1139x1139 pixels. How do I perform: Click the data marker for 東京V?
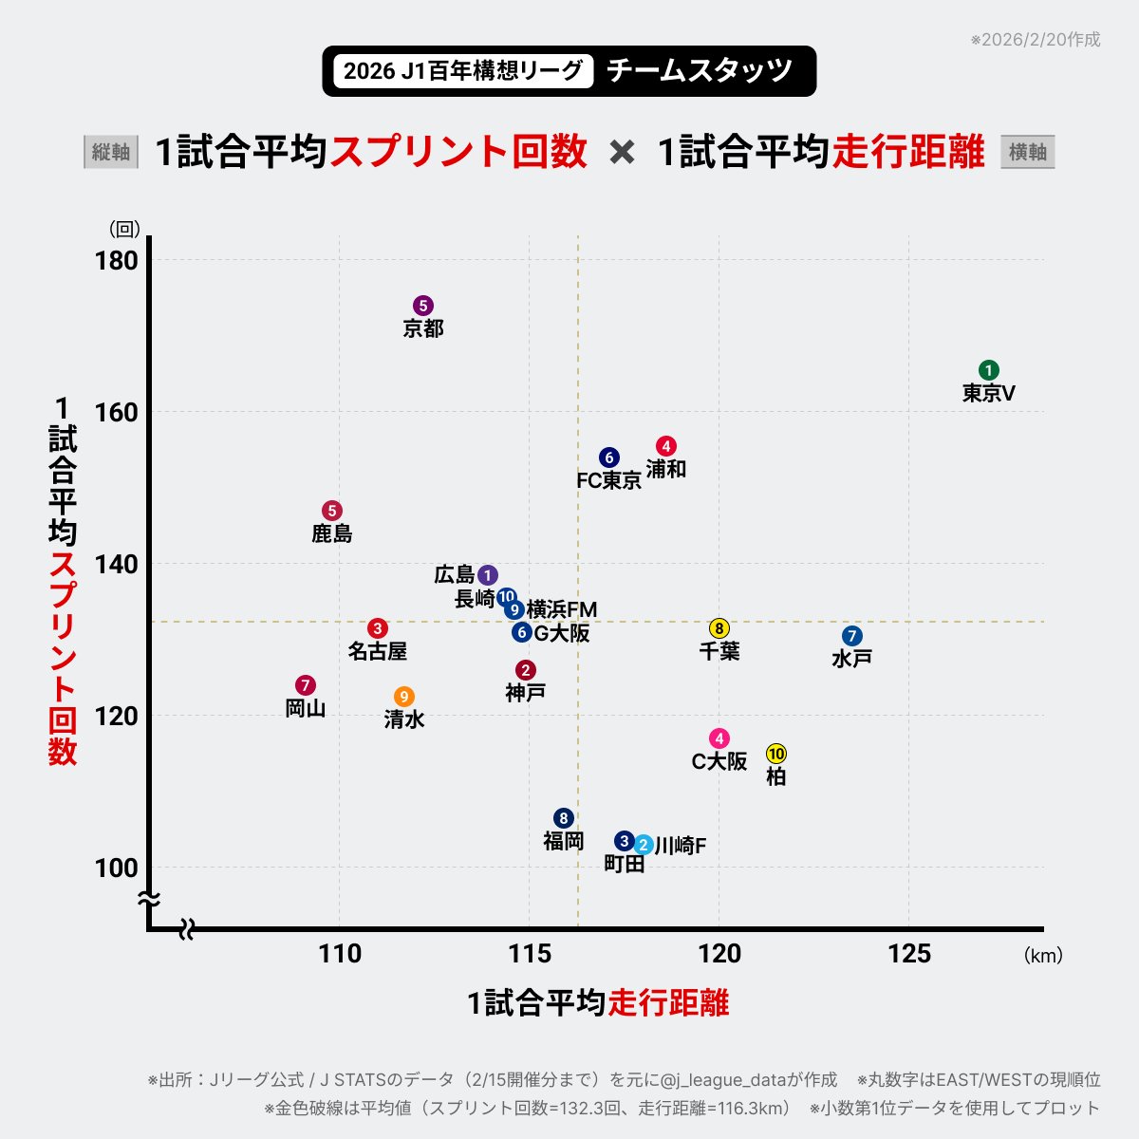click(x=988, y=370)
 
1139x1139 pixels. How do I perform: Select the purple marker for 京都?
click(x=423, y=306)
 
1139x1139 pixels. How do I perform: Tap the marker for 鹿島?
click(x=331, y=511)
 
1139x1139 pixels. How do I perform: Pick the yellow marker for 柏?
click(x=775, y=754)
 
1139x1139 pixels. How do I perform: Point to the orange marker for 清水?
click(x=404, y=697)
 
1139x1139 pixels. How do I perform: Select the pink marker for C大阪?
click(x=719, y=738)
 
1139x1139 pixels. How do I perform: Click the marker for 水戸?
click(x=851, y=636)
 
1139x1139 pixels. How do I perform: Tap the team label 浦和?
click(x=665, y=469)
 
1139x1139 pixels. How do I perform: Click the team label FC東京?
click(x=608, y=480)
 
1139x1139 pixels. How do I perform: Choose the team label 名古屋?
click(x=377, y=651)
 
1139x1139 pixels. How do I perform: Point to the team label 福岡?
click(x=563, y=841)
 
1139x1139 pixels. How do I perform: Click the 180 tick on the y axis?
click(x=117, y=260)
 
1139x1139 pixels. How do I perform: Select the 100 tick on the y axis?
click(x=117, y=868)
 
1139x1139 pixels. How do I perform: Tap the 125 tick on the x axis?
click(x=908, y=954)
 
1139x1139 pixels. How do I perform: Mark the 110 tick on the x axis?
click(x=340, y=954)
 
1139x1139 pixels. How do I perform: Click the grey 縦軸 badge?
click(x=111, y=152)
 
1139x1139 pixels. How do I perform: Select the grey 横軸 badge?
click(x=1027, y=152)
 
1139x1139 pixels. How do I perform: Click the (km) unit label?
click(x=1042, y=956)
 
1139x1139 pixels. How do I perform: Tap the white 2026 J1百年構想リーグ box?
click(x=463, y=71)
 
